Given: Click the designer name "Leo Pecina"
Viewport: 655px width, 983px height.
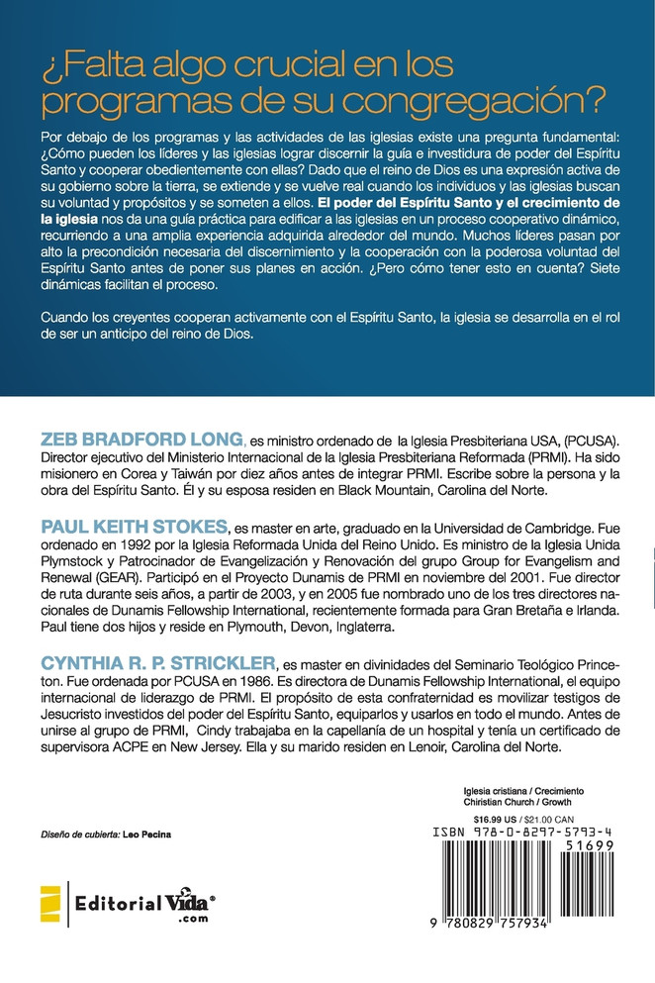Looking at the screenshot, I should coord(146,835).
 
